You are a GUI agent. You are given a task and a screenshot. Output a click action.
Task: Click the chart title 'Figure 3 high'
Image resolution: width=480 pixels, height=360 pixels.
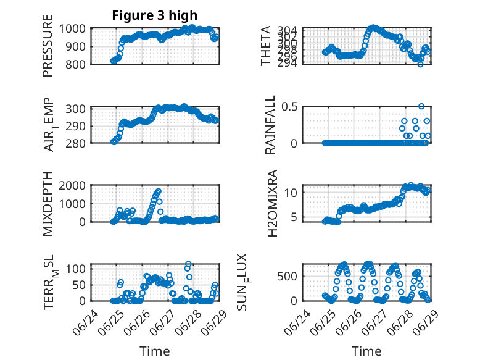point(155,15)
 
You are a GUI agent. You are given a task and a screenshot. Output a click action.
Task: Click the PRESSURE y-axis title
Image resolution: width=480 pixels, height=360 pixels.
point(48,46)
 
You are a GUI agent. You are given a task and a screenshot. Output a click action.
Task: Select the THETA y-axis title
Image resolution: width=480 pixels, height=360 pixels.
point(266,46)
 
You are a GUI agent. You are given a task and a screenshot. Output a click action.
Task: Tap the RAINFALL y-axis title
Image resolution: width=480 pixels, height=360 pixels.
point(270,125)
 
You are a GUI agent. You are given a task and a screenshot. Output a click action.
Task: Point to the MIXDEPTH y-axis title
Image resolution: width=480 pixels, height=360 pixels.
point(48,203)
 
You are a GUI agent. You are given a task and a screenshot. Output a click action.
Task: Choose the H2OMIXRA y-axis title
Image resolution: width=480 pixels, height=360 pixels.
point(272,203)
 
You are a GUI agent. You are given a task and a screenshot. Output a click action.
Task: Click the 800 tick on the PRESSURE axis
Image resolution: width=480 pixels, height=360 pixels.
point(75,65)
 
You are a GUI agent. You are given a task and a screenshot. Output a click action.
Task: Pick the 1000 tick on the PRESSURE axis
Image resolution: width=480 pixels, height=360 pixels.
point(72,29)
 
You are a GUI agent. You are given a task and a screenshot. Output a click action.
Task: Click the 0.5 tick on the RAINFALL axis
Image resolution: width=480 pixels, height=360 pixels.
point(289,107)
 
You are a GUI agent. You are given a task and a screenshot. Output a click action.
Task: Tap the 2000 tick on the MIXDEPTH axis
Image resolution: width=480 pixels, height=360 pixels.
point(72,186)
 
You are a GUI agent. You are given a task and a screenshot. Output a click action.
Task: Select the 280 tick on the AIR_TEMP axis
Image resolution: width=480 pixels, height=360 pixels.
point(75,143)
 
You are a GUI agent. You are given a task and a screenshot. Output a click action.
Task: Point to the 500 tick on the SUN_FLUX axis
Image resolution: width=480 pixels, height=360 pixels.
point(288,277)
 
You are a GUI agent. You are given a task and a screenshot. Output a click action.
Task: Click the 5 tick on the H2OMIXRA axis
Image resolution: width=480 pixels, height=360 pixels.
point(294,217)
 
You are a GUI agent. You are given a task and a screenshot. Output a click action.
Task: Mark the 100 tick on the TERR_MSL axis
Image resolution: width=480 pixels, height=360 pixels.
point(75,269)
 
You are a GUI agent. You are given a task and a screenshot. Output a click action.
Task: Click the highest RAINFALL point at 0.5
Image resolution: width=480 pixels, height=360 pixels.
point(421,106)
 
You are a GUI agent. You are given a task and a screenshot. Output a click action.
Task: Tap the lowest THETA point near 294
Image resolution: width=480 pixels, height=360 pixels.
point(421,64)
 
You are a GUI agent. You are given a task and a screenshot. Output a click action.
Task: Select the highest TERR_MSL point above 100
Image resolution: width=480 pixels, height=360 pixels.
point(188,264)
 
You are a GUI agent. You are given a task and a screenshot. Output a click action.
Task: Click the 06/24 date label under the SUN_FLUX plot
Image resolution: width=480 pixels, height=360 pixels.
point(297,323)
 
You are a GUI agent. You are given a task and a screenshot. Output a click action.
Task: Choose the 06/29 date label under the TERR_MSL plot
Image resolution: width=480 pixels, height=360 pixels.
point(214,323)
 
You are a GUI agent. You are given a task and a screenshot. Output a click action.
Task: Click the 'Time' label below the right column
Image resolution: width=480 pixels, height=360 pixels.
point(366,351)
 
